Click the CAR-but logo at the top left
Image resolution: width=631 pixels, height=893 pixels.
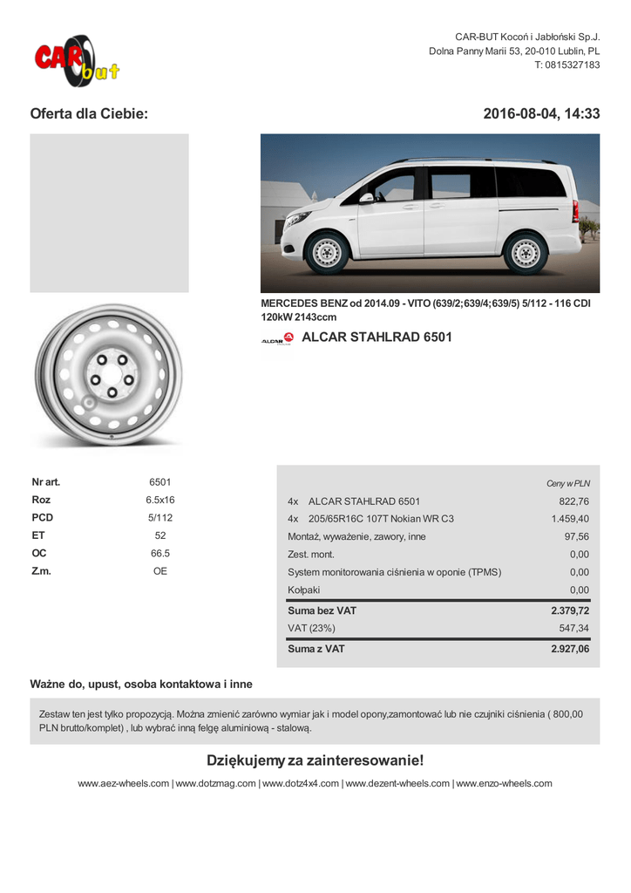click(x=77, y=61)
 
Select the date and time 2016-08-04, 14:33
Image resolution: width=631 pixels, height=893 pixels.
click(x=541, y=114)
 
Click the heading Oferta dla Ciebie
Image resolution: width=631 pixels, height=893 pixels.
click(x=89, y=114)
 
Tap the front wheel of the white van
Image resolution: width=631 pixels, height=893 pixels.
click(x=328, y=252)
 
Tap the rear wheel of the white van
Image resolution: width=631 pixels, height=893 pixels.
click(x=526, y=252)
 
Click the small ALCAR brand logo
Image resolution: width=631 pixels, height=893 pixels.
click(x=277, y=339)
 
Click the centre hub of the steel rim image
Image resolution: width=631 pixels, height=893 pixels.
click(x=112, y=376)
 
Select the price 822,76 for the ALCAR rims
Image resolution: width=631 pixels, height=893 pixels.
click(x=573, y=501)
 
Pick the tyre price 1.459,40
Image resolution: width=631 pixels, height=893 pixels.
click(x=570, y=519)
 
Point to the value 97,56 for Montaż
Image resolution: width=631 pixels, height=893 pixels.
click(x=576, y=537)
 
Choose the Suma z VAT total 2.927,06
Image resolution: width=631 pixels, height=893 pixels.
click(x=570, y=650)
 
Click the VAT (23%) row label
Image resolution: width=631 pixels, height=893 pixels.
click(x=311, y=629)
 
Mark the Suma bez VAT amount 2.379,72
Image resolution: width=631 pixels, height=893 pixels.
click(x=570, y=611)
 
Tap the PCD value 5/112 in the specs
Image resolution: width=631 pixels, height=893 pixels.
click(x=160, y=518)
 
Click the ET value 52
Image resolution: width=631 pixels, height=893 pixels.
click(x=160, y=535)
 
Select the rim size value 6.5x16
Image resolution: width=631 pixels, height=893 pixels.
click(x=160, y=501)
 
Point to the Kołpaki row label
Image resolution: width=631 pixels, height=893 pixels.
click(x=303, y=590)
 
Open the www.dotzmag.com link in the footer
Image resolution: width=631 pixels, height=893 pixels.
click(x=216, y=784)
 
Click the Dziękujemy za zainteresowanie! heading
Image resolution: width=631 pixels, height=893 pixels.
click(x=315, y=761)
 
